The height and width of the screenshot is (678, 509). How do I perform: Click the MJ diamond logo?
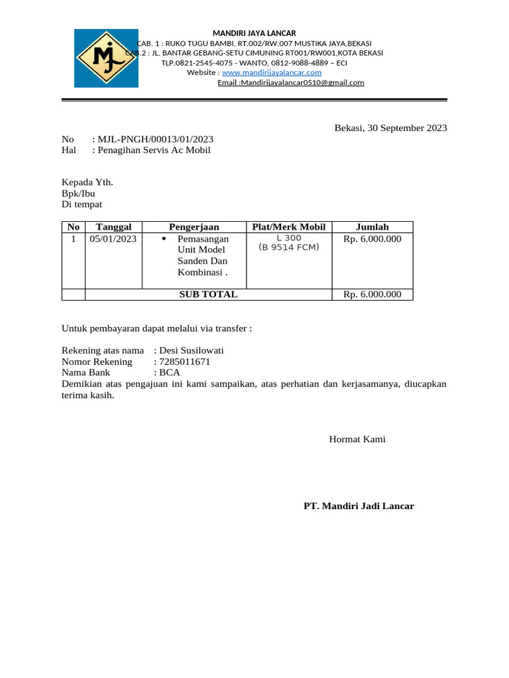pyautogui.click(x=106, y=58)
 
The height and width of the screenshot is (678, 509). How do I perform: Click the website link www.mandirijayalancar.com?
pyautogui.click(x=272, y=72)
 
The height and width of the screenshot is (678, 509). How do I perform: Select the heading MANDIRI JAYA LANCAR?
pyautogui.click(x=254, y=33)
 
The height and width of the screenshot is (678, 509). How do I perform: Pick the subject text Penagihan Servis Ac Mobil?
pyautogui.click(x=154, y=150)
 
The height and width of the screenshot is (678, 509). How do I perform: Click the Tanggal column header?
pyautogui.click(x=113, y=227)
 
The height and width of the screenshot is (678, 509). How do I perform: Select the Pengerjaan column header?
pyautogui.click(x=194, y=227)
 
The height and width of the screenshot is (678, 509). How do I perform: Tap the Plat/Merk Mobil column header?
pyautogui.click(x=288, y=227)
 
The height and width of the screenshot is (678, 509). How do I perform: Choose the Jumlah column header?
pyautogui.click(x=372, y=227)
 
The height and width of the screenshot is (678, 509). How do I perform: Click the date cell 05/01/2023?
pyautogui.click(x=113, y=239)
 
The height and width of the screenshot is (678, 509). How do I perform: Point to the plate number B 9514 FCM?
pyautogui.click(x=288, y=248)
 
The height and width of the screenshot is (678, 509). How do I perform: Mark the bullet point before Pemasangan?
pyautogui.click(x=163, y=238)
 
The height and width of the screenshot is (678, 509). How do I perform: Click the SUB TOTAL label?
pyautogui.click(x=208, y=295)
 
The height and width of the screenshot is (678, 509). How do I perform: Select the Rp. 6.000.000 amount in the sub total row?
pyautogui.click(x=372, y=295)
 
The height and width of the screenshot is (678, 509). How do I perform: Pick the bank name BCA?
pyautogui.click(x=170, y=373)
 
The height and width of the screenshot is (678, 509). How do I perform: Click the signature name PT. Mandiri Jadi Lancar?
pyautogui.click(x=359, y=506)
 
